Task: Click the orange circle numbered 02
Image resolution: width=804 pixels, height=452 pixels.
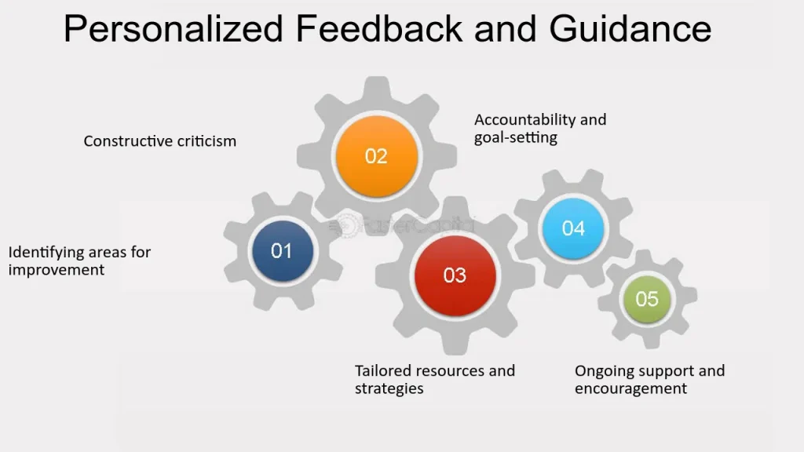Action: tap(376, 156)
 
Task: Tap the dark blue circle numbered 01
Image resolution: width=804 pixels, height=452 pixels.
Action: tap(283, 250)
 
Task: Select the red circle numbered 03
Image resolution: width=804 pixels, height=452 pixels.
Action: tap(455, 275)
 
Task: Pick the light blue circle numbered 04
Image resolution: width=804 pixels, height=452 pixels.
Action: tap(572, 228)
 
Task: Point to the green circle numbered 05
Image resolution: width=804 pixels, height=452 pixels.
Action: tap(647, 299)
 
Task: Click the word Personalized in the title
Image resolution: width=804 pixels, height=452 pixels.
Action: tap(174, 29)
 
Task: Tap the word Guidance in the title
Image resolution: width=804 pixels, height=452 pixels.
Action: tap(630, 28)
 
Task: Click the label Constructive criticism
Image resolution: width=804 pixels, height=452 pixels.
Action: tap(160, 141)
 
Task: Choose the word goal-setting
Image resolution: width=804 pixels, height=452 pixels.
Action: tap(515, 138)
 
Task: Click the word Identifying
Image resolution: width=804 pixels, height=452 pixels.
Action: tap(46, 253)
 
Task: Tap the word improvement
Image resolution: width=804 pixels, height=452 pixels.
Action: tap(57, 270)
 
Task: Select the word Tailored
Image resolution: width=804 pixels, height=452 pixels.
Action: tap(383, 370)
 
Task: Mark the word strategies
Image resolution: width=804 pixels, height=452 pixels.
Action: tap(389, 389)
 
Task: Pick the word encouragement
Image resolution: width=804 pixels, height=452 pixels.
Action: tap(630, 389)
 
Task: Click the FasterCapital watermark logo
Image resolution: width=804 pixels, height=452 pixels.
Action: tap(403, 225)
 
